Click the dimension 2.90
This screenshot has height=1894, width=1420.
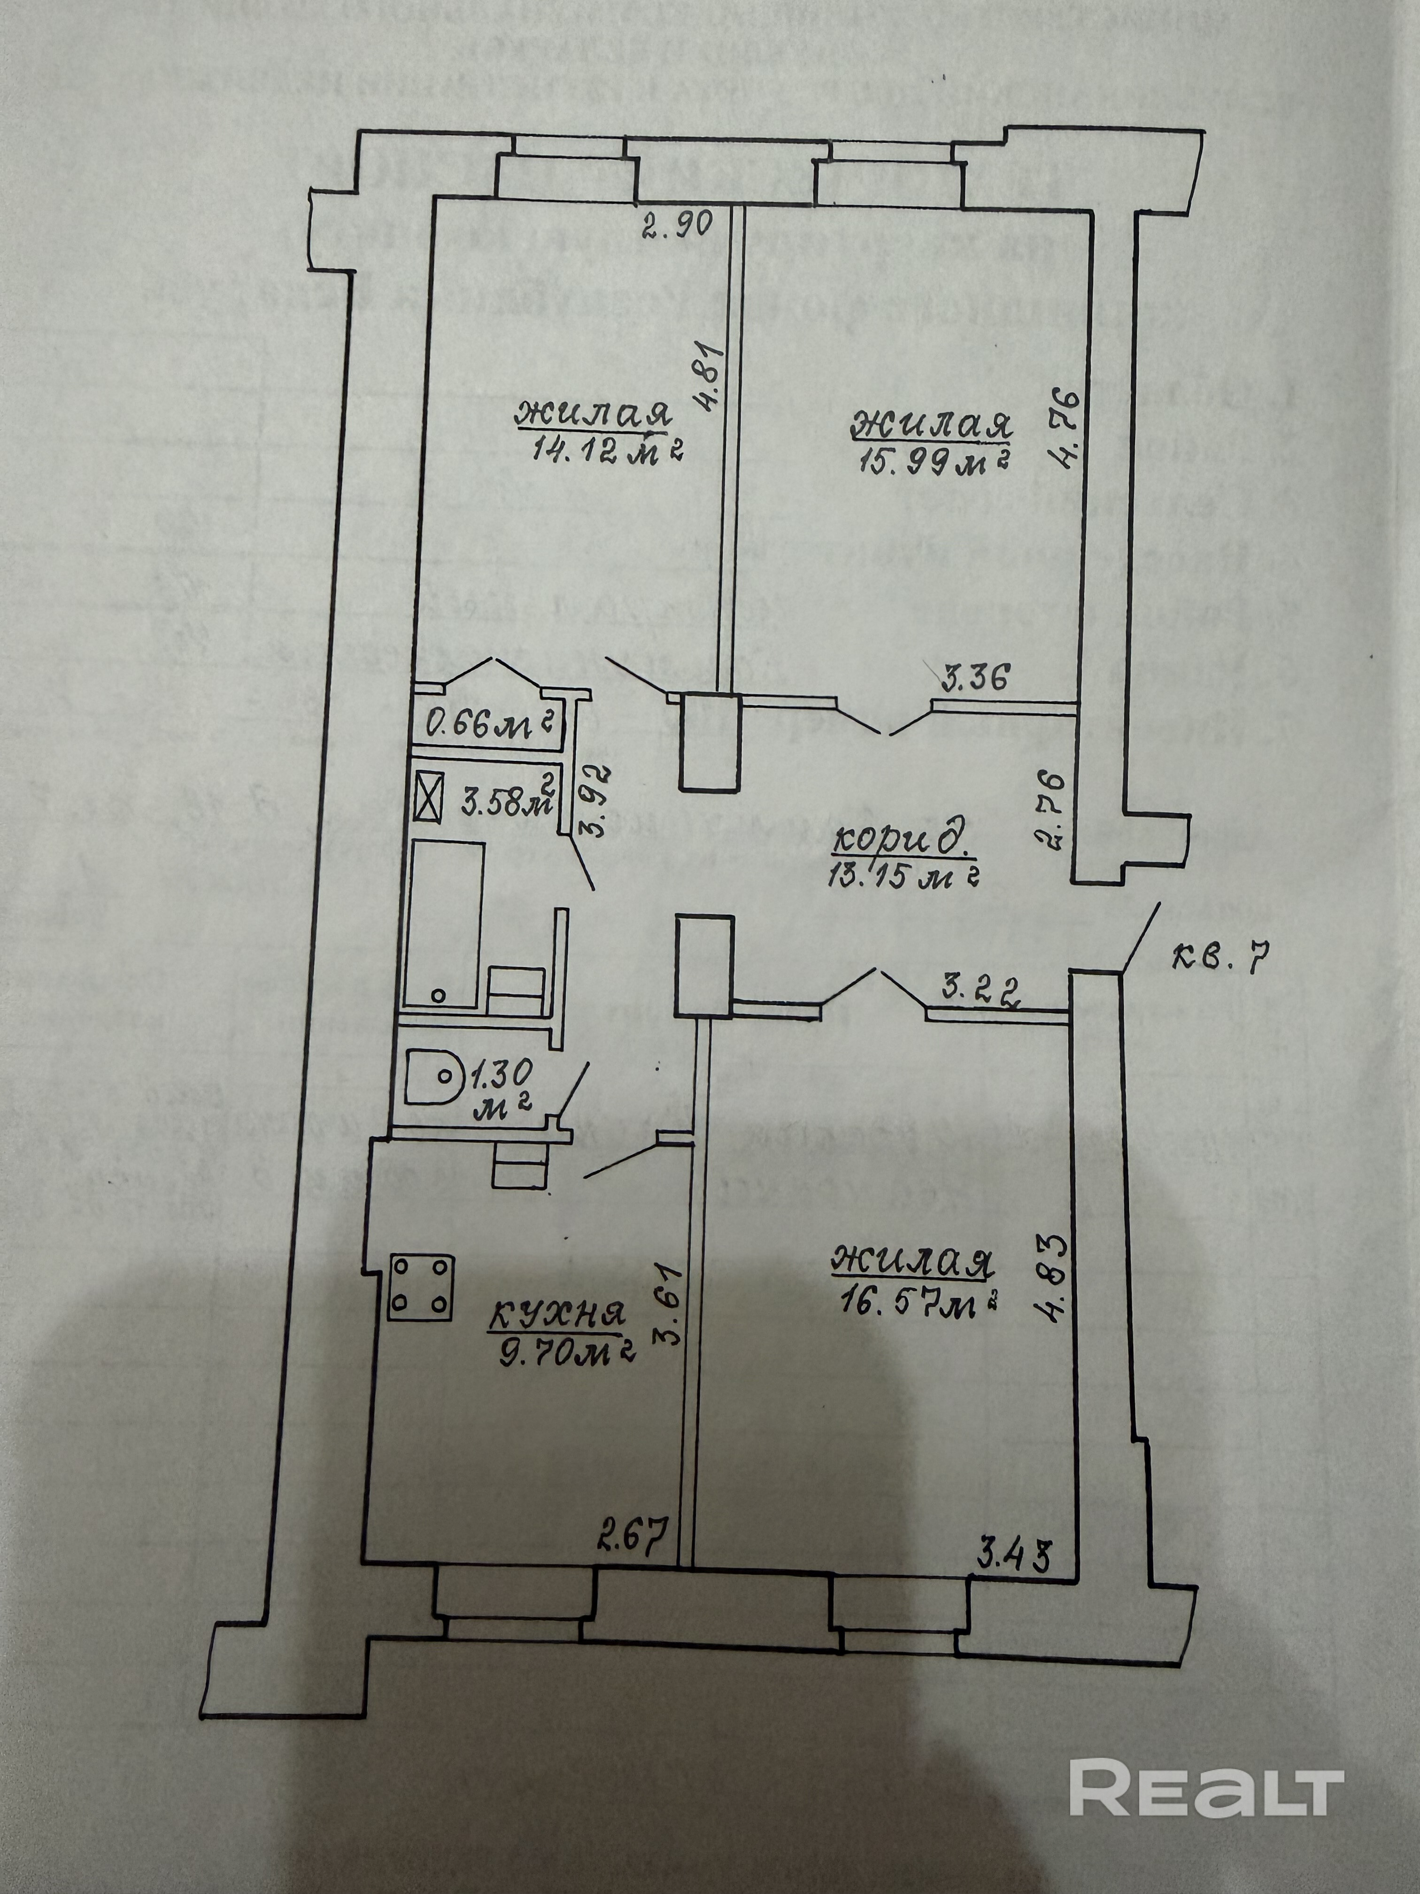(679, 228)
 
